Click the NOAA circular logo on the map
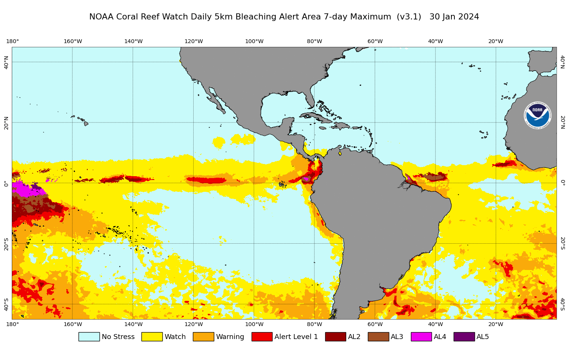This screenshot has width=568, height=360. tap(538, 115)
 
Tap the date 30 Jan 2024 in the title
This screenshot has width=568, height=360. tap(454, 17)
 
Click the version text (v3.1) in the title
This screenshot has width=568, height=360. tap(409, 17)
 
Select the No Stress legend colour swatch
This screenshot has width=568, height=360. tap(89, 337)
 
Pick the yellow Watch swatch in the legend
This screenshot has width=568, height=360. tap(152, 337)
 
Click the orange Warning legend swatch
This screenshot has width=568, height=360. tap(203, 337)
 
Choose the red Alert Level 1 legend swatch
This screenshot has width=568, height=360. tap(262, 337)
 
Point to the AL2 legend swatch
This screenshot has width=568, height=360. tap(335, 337)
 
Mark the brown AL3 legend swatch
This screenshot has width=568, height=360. tap(378, 337)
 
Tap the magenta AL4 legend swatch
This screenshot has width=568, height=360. tap(421, 337)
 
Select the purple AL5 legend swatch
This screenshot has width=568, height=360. tap(464, 337)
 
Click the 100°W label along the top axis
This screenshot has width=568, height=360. tap(254, 42)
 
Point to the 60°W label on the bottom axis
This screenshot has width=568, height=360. tap(375, 325)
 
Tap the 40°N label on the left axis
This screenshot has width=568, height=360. tap(6, 62)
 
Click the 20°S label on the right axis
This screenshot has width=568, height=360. tap(562, 243)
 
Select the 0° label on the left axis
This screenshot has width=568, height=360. tap(6, 183)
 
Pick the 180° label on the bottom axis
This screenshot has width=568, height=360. tap(13, 325)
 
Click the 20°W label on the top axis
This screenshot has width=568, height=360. tap(496, 42)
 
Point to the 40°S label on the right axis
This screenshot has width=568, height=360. tap(562, 304)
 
